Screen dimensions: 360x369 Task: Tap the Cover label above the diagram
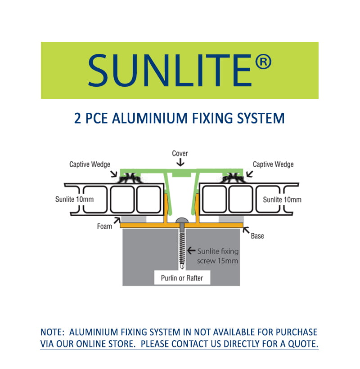coord(180,153)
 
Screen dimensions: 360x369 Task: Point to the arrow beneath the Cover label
coord(180,162)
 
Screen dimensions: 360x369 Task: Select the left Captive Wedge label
coord(90,164)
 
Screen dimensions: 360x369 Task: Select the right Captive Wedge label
coord(273,164)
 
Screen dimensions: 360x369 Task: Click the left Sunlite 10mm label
coord(74,199)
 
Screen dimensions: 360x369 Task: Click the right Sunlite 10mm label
coord(282,200)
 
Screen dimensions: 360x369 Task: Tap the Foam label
coord(104,227)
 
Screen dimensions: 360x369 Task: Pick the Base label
coord(257,236)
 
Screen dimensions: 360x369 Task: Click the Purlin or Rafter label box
coord(182,278)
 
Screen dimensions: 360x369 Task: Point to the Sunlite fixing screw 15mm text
coord(218,256)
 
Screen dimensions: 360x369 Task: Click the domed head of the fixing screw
coord(182,221)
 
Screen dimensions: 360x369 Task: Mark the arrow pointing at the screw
coord(191,251)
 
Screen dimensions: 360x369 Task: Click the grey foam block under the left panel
coord(133,219)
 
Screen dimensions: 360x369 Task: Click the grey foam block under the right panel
coord(231,219)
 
